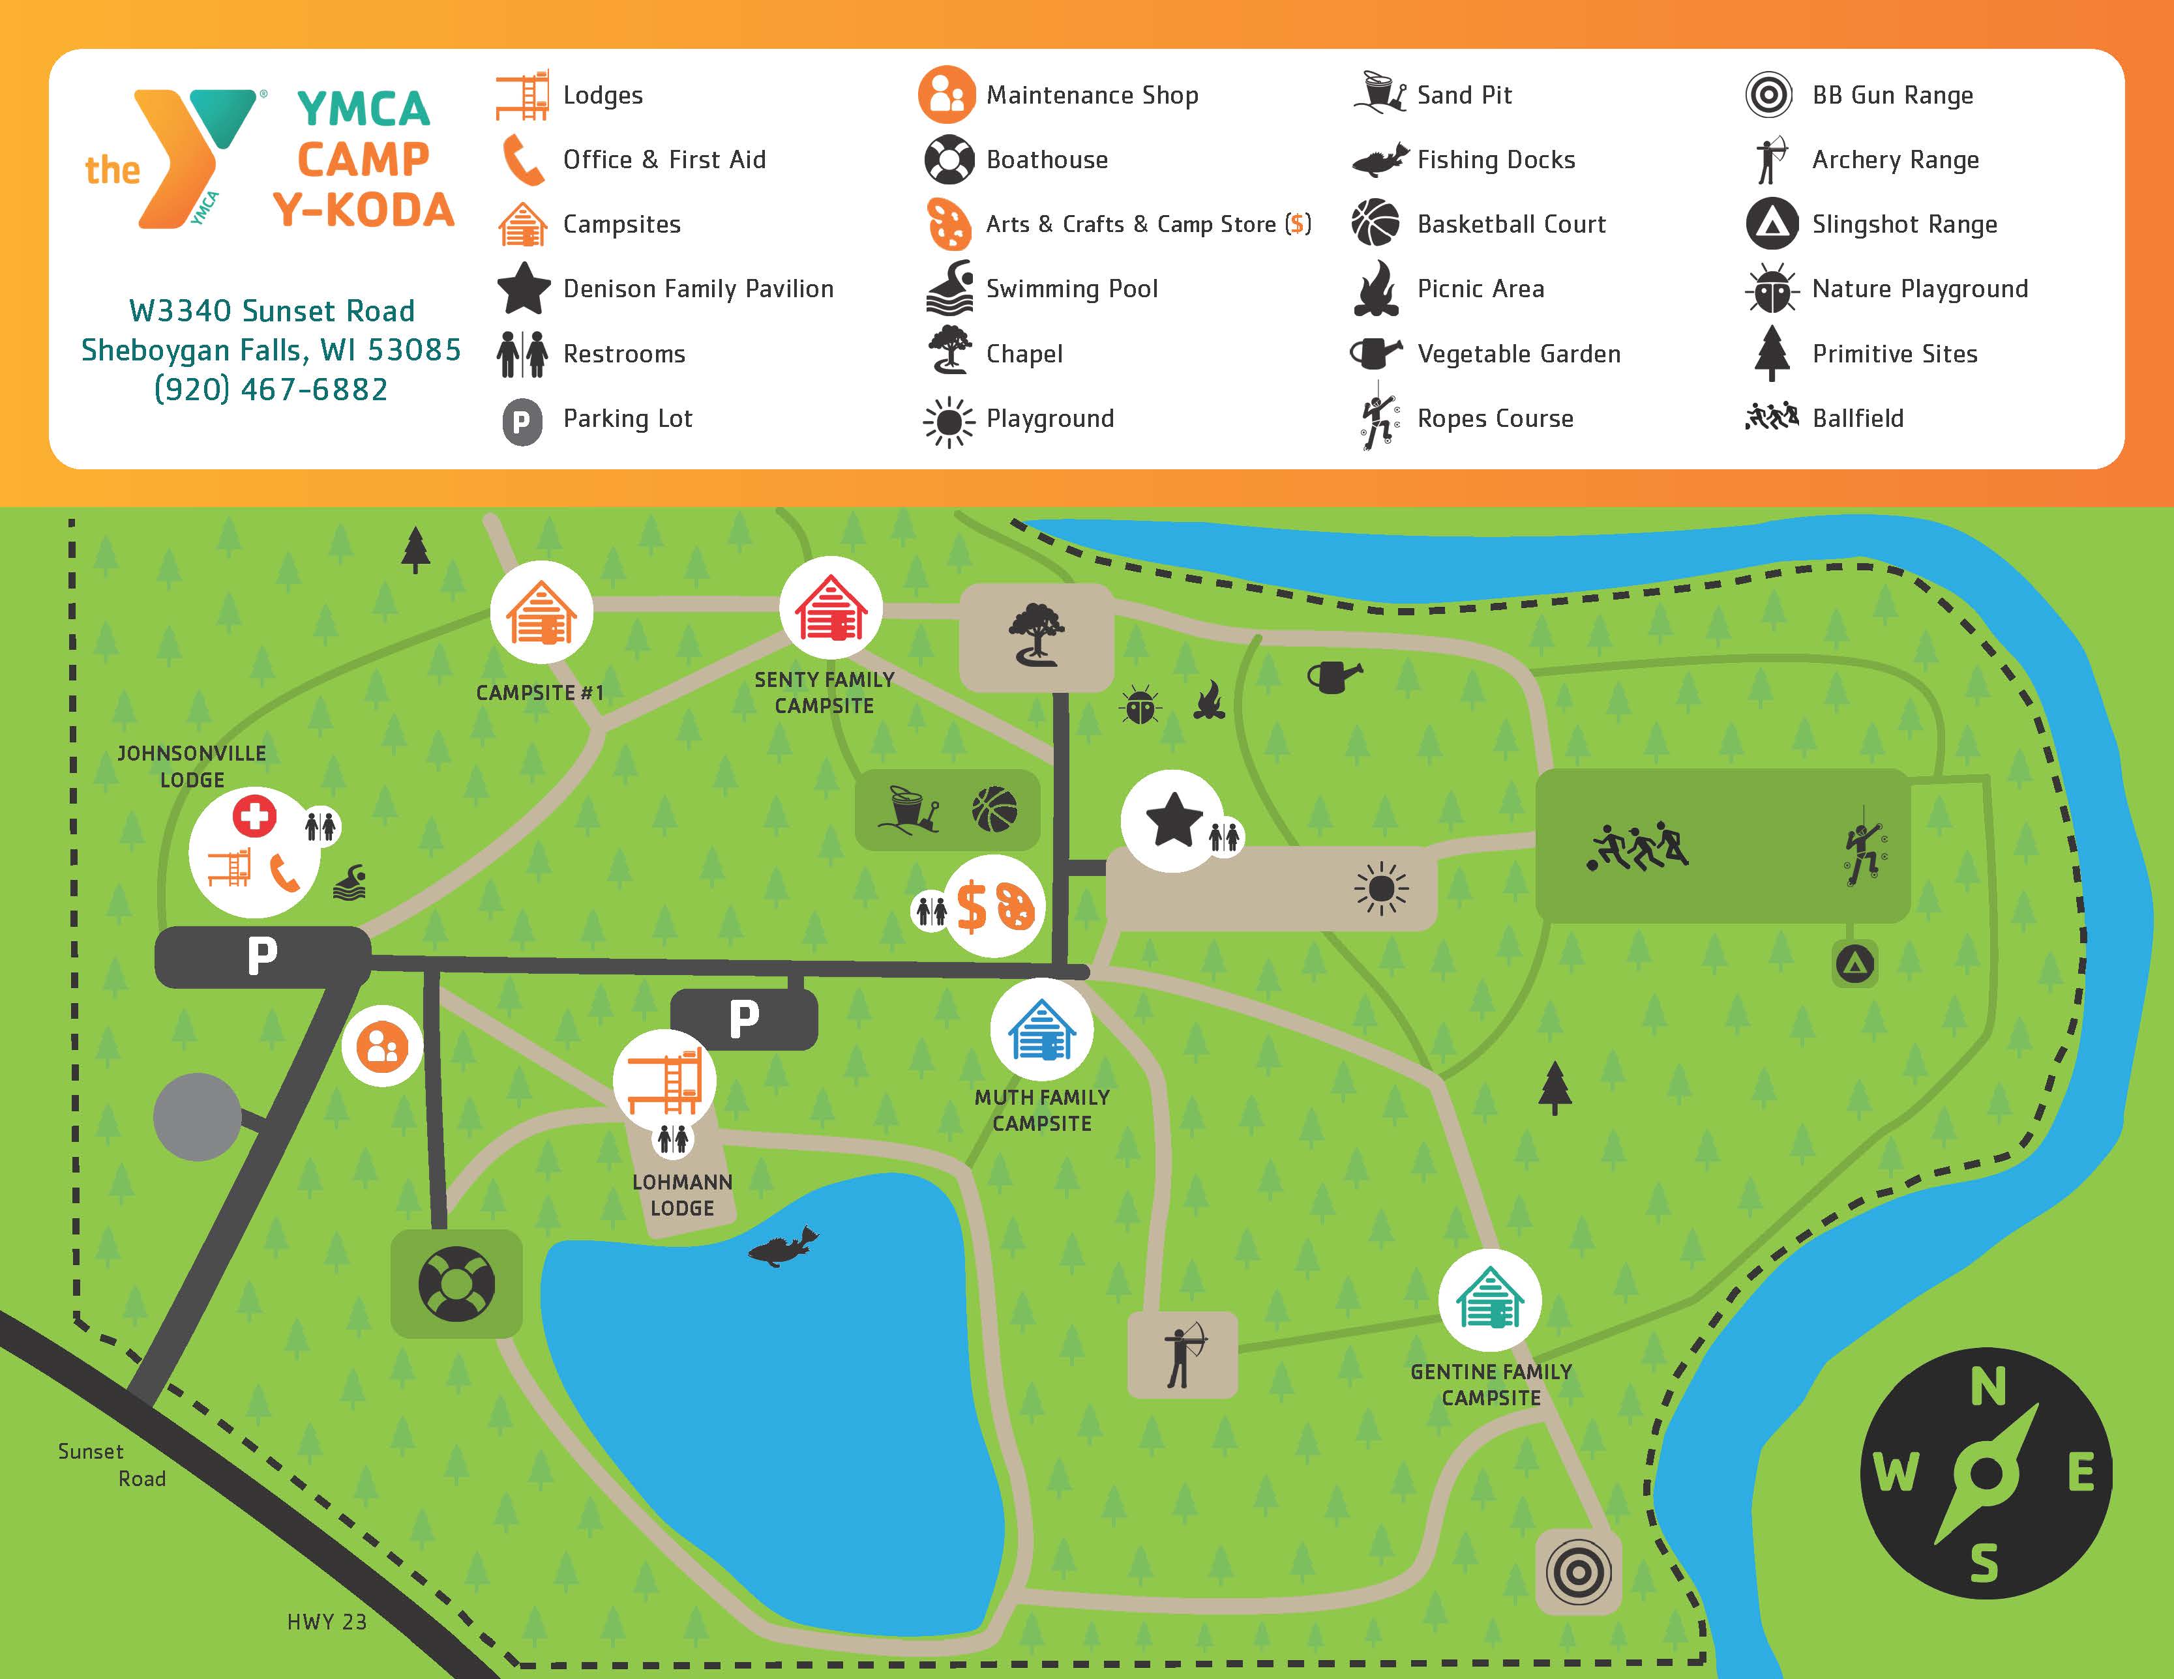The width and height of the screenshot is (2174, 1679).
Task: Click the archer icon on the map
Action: (1183, 1354)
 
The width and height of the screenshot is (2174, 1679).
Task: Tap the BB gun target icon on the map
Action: (1578, 1573)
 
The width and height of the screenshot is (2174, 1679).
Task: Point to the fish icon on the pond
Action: (782, 1247)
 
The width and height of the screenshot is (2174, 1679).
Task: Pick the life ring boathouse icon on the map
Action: (456, 1283)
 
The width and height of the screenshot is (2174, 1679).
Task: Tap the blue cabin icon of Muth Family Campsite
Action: (1041, 1029)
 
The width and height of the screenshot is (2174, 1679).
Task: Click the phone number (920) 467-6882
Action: (271, 389)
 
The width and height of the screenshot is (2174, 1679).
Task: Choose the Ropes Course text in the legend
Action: (1495, 418)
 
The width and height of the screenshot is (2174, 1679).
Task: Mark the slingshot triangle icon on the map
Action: (1854, 963)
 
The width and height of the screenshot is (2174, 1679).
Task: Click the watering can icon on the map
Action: (1333, 677)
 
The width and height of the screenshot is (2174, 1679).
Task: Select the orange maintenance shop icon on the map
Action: (382, 1046)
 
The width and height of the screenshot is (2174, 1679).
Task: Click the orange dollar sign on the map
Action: (970, 907)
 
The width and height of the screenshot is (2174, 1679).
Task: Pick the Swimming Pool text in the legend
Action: (1071, 289)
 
